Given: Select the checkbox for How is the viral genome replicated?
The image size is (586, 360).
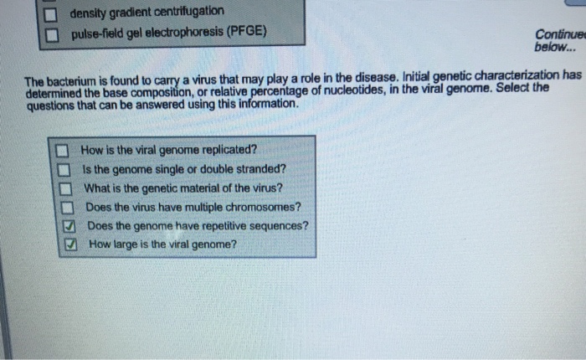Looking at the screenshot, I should tap(61, 152).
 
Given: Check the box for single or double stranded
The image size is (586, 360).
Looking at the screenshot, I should tap(61, 170).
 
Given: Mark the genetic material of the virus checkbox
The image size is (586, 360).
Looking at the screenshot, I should tap(61, 188).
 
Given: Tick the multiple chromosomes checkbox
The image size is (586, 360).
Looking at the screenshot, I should tap(61, 207).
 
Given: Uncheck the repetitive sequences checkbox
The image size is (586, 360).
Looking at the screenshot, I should tap(62, 226).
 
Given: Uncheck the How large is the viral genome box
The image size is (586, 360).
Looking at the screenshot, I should tap(62, 244).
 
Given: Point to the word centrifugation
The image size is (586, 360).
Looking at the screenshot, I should tap(189, 12).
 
